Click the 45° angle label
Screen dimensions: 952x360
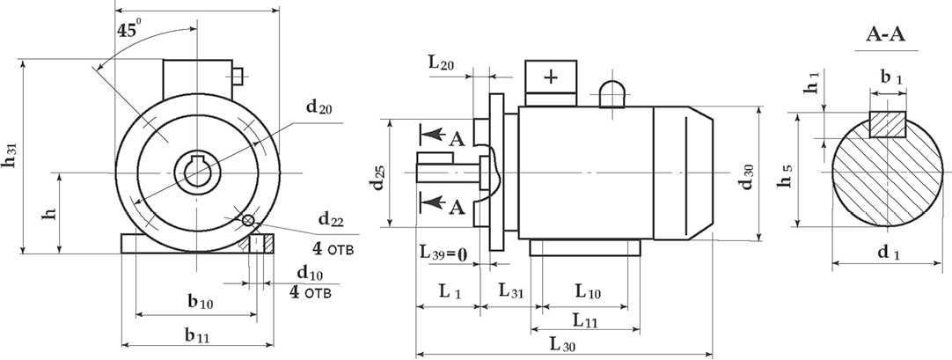(128, 30)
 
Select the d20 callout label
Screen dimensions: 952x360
(319, 107)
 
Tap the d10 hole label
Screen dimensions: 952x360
(311, 273)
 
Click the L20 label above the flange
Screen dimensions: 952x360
(441, 63)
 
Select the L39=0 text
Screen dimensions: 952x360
(443, 252)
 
